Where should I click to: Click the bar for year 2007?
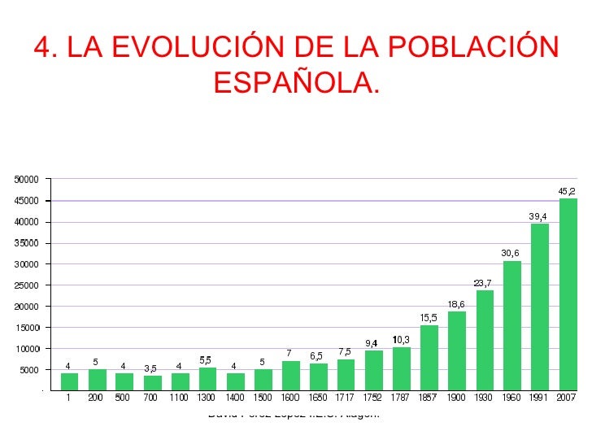pyautogui.click(x=568, y=294)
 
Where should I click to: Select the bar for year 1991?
pyautogui.click(x=540, y=307)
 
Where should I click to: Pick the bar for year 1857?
pyautogui.click(x=429, y=358)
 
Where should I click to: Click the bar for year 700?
pyautogui.click(x=153, y=383)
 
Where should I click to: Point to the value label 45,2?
pyautogui.click(x=567, y=191)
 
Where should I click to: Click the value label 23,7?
pyautogui.click(x=483, y=283)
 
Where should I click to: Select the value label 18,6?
pyautogui.click(x=456, y=304)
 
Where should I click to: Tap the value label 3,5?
pyautogui.click(x=150, y=368)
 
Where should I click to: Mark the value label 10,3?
pyautogui.click(x=401, y=339)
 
